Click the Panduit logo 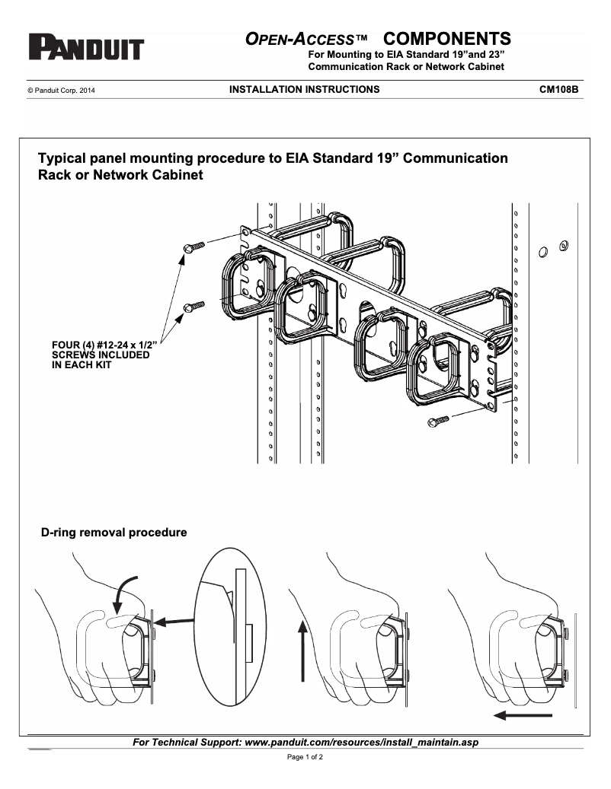[86, 48]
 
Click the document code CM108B [558, 89]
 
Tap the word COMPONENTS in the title [446, 39]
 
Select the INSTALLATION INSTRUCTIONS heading [304, 89]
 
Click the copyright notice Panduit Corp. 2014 [61, 90]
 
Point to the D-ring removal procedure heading [114, 533]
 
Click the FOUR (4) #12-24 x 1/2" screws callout [100, 355]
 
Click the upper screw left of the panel [194, 247]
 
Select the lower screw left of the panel [194, 307]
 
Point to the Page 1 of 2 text [305, 757]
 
